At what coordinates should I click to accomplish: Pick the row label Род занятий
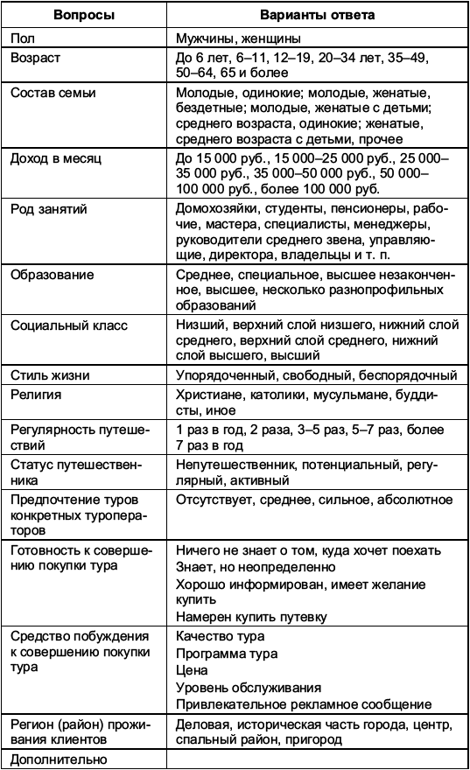click(49, 210)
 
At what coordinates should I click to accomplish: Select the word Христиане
click(208, 395)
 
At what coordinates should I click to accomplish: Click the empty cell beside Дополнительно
click(317, 759)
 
